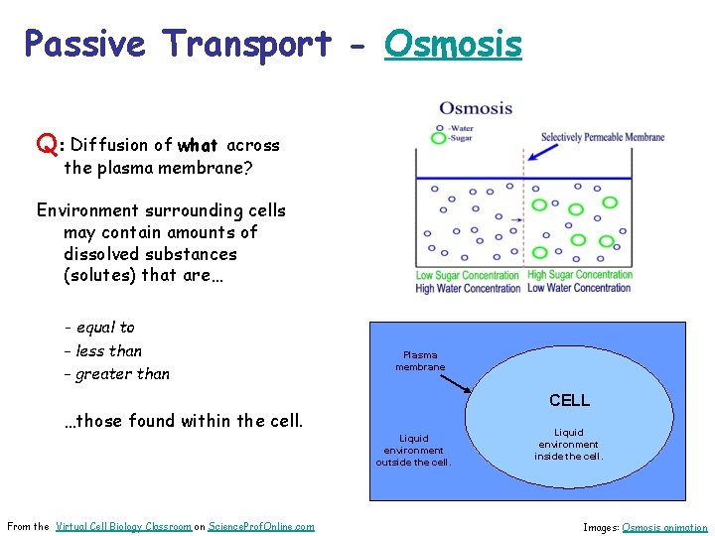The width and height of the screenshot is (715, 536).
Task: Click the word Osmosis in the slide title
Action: tap(453, 45)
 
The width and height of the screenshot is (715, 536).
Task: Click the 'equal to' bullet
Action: tap(104, 328)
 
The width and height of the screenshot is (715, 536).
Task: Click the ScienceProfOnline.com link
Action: tap(261, 526)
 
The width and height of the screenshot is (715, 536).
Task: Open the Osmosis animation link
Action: tap(664, 527)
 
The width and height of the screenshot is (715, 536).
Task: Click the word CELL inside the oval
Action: tap(569, 400)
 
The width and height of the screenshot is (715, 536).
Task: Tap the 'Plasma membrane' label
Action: tap(420, 360)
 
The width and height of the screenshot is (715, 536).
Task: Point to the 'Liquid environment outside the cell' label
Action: tap(413, 450)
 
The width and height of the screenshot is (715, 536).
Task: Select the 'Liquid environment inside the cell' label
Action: tap(568, 445)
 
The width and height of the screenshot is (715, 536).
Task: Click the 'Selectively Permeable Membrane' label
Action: tap(603, 137)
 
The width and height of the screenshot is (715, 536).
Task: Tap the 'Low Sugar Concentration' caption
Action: tap(467, 275)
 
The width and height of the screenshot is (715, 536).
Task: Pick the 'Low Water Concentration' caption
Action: tap(579, 288)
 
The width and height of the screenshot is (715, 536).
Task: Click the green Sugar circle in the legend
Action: tap(438, 139)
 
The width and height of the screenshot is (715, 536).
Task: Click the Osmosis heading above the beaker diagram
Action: tap(476, 108)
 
